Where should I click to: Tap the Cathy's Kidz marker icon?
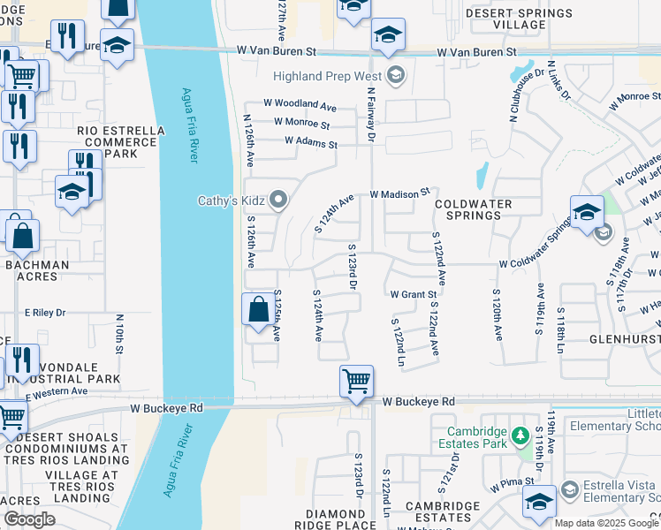tap(279, 201)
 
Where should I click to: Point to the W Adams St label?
tap(310, 141)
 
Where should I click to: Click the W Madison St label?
tap(399, 192)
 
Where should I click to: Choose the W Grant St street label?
tap(414, 294)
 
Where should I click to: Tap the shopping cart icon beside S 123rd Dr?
tap(356, 382)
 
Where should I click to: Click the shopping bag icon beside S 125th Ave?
tap(258, 310)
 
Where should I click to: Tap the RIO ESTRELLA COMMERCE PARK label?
tap(121, 142)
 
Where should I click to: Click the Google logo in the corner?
tap(29, 519)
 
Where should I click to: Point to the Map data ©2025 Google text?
tap(606, 523)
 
